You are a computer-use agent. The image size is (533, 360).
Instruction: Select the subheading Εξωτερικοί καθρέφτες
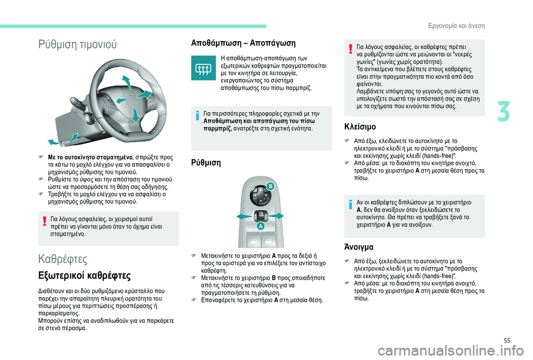pyautogui.click(x=84, y=275)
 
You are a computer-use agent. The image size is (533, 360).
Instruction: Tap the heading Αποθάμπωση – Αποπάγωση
pyautogui.click(x=243, y=43)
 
